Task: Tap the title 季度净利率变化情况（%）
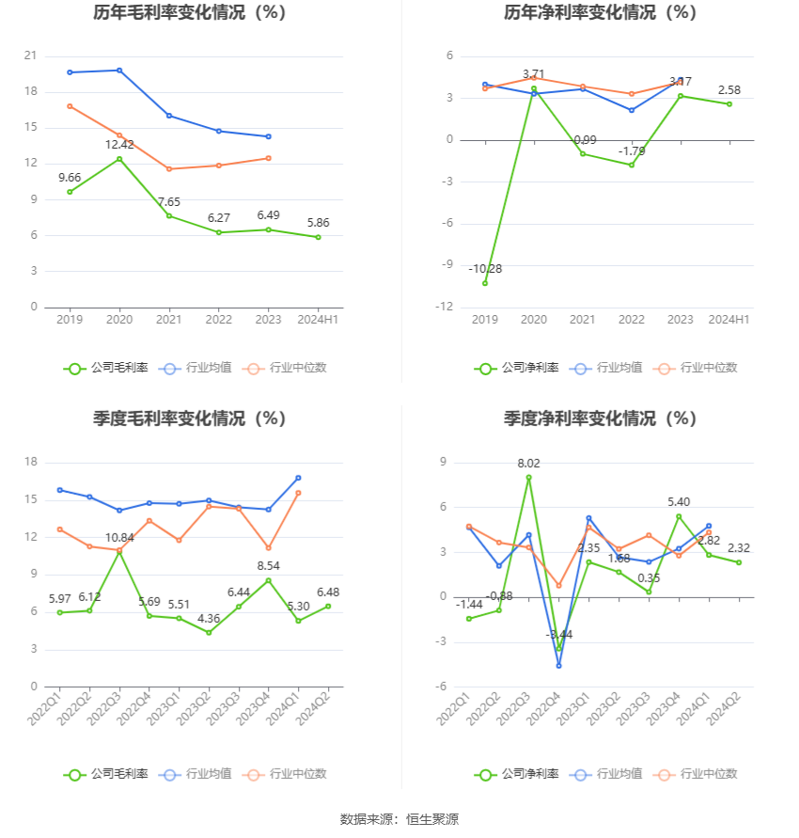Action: pyautogui.click(x=600, y=419)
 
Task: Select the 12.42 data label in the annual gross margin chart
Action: pyautogui.click(x=119, y=145)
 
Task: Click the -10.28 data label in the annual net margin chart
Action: pyautogui.click(x=485, y=269)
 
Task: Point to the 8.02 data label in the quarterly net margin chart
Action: pyautogui.click(x=528, y=464)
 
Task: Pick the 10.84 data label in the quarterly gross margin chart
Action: pyautogui.click(x=119, y=537)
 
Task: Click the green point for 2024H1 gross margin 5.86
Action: pyautogui.click(x=318, y=237)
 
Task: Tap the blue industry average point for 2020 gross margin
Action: pyautogui.click(x=119, y=71)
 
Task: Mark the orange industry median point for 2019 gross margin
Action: pyautogui.click(x=70, y=106)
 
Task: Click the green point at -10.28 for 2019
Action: pyautogui.click(x=485, y=283)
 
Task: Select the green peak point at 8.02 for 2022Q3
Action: pyautogui.click(x=528, y=477)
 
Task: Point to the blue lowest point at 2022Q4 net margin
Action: pyautogui.click(x=559, y=666)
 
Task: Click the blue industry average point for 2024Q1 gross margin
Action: pyautogui.click(x=298, y=478)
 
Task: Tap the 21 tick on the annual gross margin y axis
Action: pyautogui.click(x=30, y=56)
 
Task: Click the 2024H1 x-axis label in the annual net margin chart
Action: pyautogui.click(x=728, y=320)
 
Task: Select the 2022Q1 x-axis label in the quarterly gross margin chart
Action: pyautogui.click(x=45, y=709)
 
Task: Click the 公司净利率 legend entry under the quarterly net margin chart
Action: pyautogui.click(x=516, y=774)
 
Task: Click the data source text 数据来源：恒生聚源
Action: pyautogui.click(x=399, y=819)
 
